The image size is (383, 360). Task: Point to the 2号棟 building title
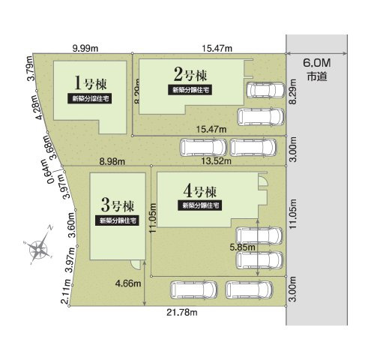(190, 74)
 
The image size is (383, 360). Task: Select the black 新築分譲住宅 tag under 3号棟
(117, 220)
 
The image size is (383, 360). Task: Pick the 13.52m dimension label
(216, 160)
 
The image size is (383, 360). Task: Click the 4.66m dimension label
(130, 284)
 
